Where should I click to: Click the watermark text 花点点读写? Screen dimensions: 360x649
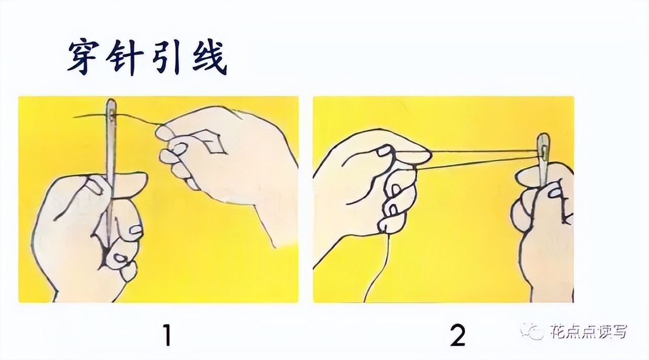588,332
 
